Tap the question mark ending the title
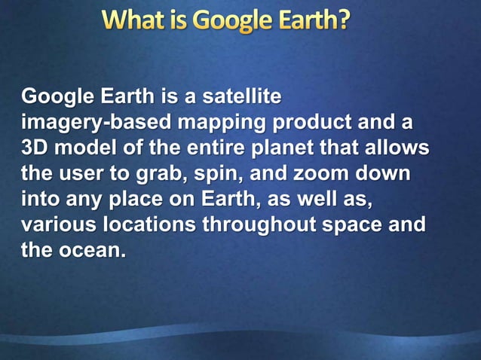point(344,20)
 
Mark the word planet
point(300,148)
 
